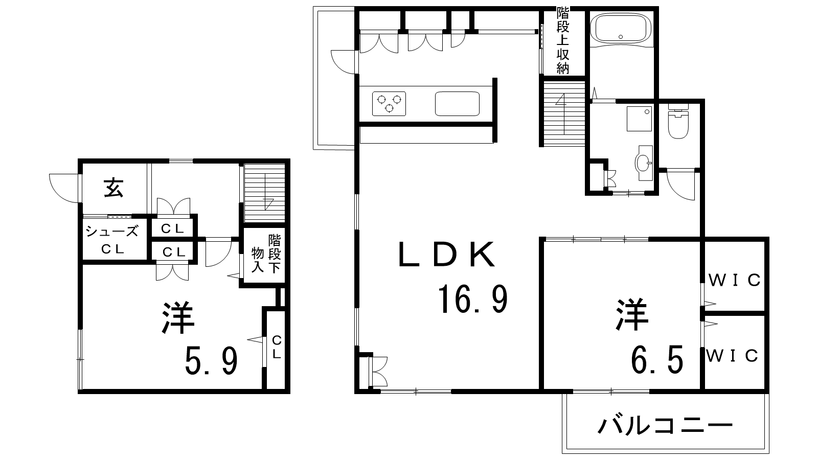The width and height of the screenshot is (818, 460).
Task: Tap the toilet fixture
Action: click(x=678, y=121)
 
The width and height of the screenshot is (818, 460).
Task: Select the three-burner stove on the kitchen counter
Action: click(x=389, y=104)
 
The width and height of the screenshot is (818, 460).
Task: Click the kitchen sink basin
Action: click(x=457, y=104)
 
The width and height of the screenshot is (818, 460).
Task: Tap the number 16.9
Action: click(x=473, y=300)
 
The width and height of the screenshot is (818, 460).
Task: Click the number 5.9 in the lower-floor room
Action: click(x=212, y=361)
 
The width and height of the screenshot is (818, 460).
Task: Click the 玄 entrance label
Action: click(x=113, y=188)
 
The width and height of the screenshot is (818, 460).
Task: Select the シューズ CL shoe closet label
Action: click(x=112, y=240)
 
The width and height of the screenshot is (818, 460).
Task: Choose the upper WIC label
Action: click(x=735, y=281)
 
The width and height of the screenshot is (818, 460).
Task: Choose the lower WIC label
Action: click(x=732, y=356)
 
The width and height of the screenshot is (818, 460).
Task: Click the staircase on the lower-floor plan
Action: click(x=264, y=192)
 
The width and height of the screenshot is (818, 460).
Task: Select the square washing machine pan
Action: click(x=639, y=119)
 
